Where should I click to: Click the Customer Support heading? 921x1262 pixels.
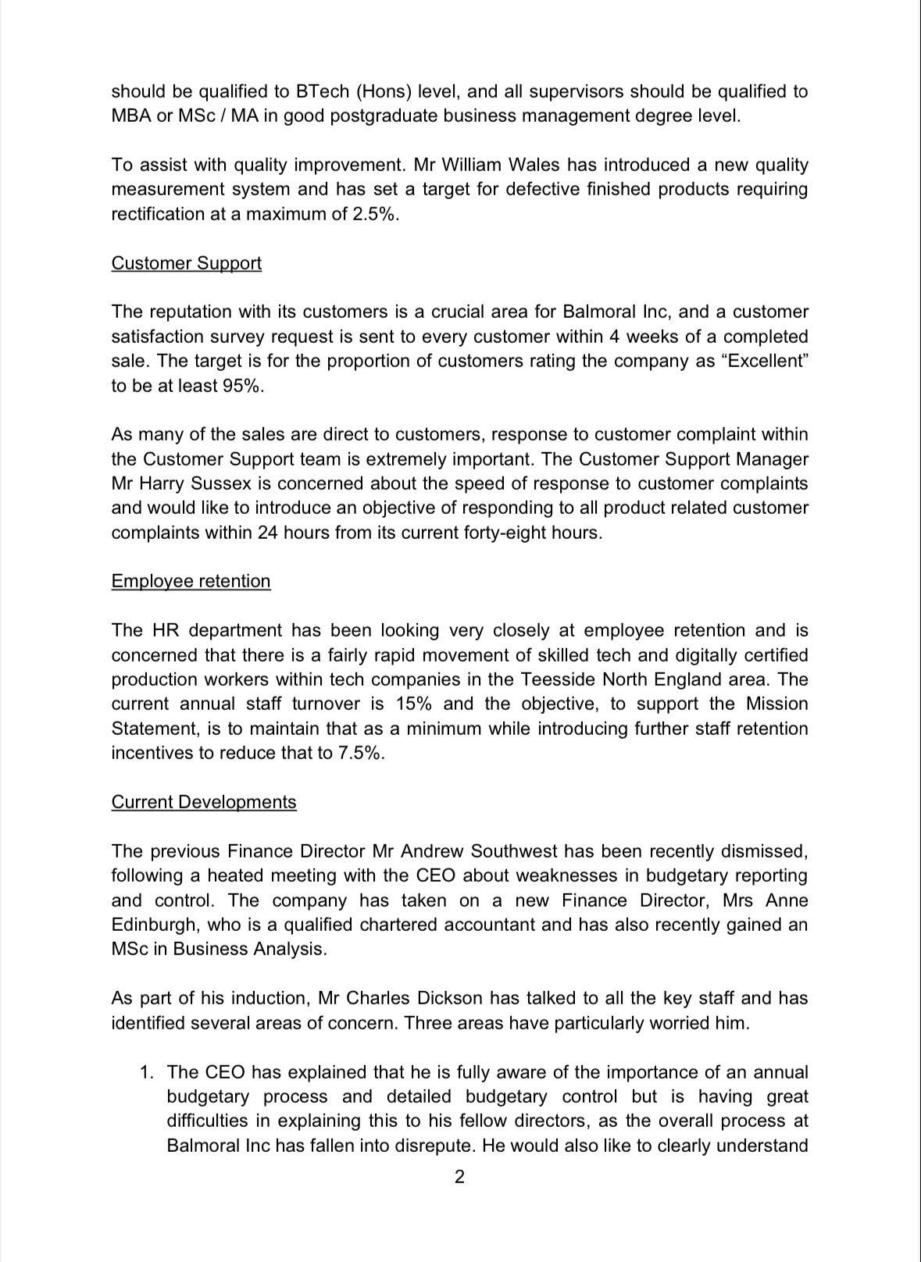coord(186,263)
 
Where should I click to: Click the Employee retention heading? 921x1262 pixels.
coord(191,581)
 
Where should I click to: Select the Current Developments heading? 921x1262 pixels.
coord(204,802)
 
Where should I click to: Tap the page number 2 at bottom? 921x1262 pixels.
coord(459,1176)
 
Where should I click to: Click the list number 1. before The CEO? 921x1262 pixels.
coord(146,1072)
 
